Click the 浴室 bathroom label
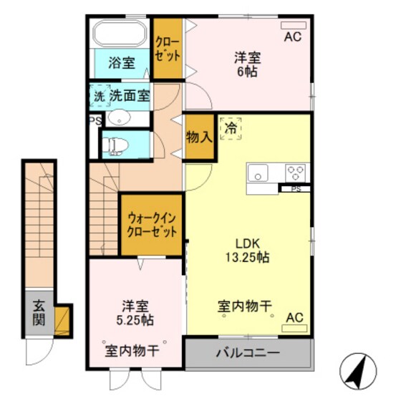click(122, 63)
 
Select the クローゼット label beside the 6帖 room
click(168, 49)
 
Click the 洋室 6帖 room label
click(247, 64)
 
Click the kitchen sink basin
click(258, 173)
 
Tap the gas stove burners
click(295, 173)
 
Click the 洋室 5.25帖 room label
click(135, 311)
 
